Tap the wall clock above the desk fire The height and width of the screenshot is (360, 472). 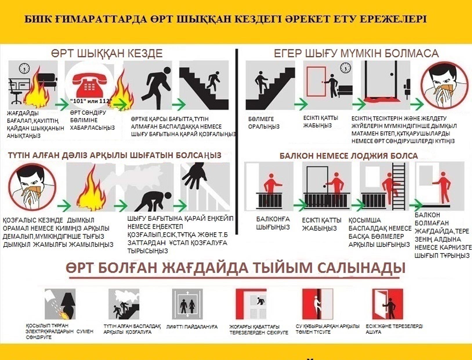tap(24, 68)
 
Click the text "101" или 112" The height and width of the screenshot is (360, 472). tap(91, 101)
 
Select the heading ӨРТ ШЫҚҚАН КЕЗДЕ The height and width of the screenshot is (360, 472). tap(107, 54)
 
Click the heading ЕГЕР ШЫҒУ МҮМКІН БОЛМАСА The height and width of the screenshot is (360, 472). tap(356, 54)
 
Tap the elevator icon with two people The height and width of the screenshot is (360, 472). tap(187, 304)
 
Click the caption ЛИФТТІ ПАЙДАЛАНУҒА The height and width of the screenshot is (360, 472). tap(192, 327)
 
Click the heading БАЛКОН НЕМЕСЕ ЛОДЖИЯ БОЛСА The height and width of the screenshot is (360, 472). tap(348, 156)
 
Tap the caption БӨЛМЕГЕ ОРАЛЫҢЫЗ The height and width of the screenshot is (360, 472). tap(264, 123)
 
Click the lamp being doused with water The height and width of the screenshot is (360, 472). tap(68, 303)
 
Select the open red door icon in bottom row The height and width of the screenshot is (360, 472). tap(387, 304)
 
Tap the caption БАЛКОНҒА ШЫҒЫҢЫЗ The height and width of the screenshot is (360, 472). tap(273, 223)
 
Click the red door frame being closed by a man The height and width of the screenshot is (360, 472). tap(316, 81)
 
